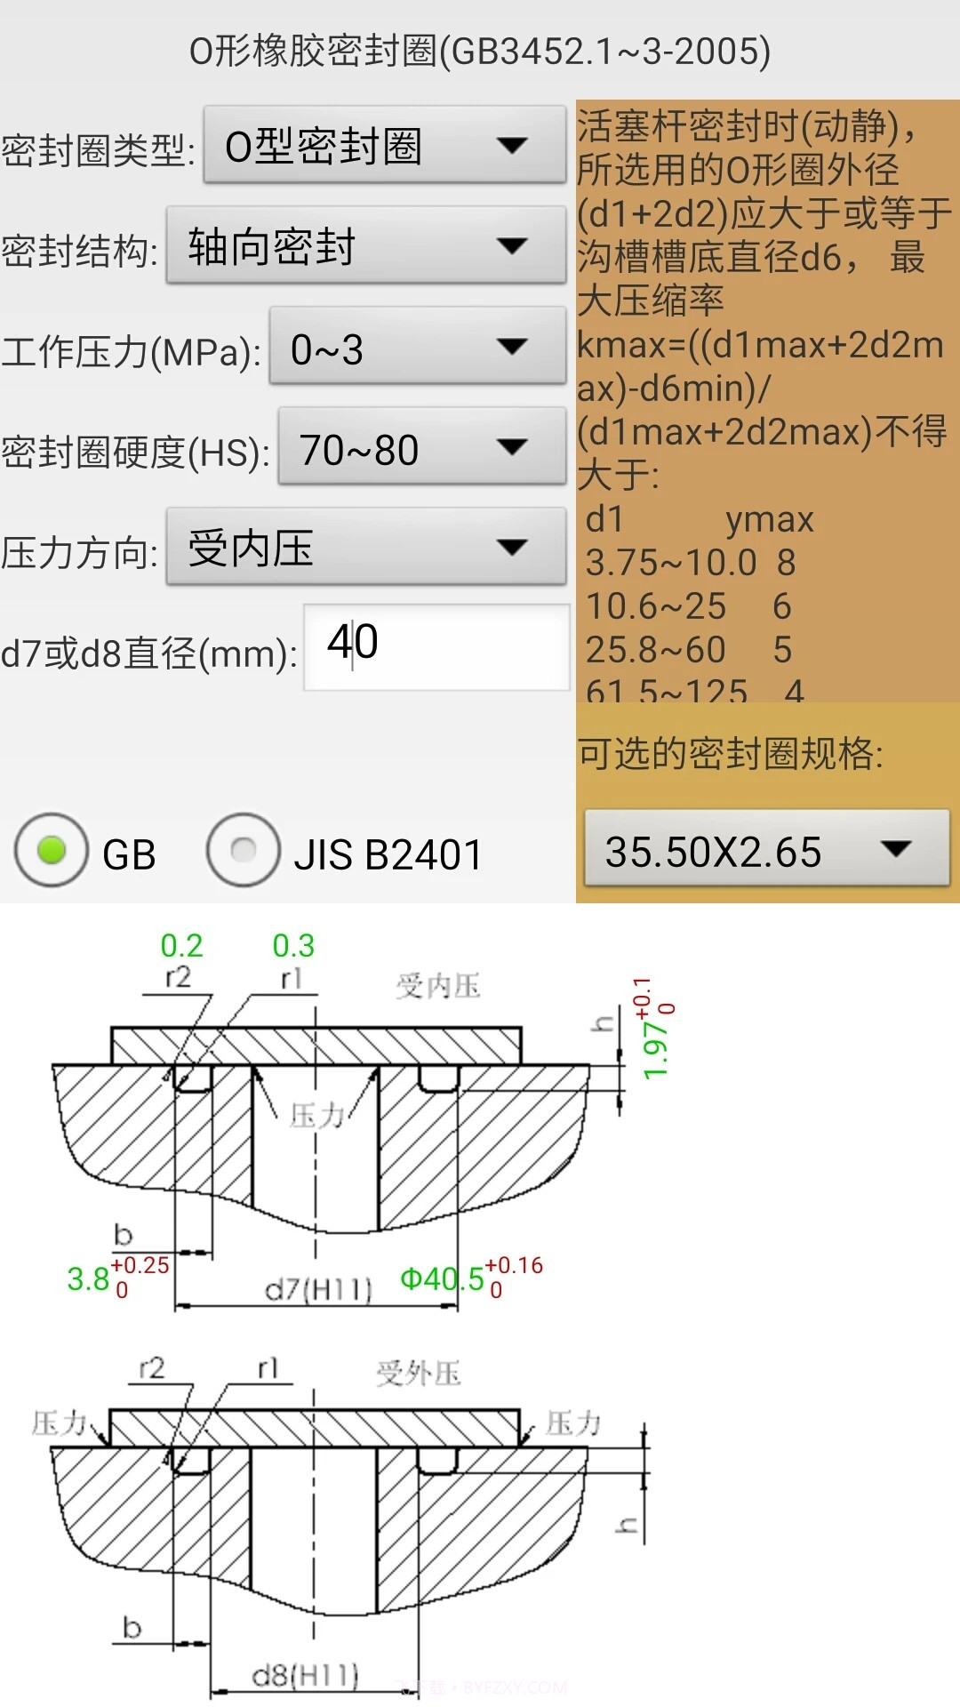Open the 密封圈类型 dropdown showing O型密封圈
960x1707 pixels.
[x=384, y=146]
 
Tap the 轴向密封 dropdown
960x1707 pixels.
[x=365, y=246]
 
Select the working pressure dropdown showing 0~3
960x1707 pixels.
[x=417, y=347]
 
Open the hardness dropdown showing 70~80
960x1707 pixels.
[x=421, y=447]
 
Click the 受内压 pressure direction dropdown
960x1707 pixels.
[x=365, y=548]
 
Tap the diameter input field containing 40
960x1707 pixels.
[x=436, y=646]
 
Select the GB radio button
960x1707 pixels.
[x=52, y=851]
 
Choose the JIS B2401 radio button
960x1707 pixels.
[x=244, y=851]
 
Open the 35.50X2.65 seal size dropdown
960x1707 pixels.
[x=765, y=849]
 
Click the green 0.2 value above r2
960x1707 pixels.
[x=181, y=945]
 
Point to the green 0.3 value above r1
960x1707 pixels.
[x=293, y=945]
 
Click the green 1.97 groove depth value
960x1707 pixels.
[x=655, y=1049]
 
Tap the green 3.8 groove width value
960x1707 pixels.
[x=88, y=1279]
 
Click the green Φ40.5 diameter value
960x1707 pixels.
[x=442, y=1279]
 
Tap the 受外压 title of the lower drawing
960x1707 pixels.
[x=418, y=1374]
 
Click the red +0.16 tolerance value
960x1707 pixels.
[x=514, y=1265]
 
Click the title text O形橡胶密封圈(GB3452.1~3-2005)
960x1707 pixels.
[x=480, y=51]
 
